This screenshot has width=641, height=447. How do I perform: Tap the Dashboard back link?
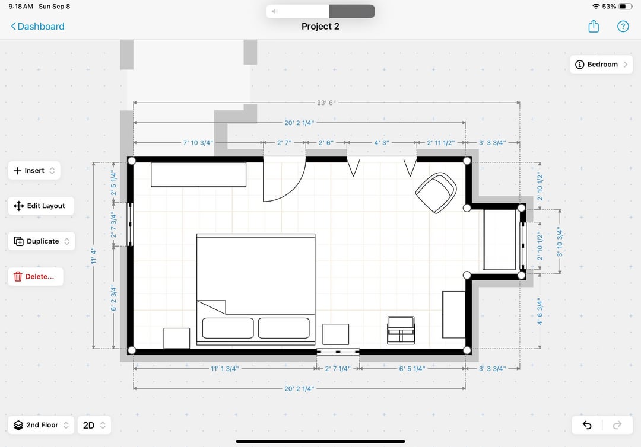click(37, 27)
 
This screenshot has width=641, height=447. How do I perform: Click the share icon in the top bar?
click(593, 27)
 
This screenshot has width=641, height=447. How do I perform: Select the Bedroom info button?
click(601, 65)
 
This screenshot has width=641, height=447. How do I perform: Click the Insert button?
click(34, 171)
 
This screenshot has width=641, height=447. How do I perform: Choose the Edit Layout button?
click(41, 206)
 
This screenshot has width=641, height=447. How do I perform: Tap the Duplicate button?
click(42, 241)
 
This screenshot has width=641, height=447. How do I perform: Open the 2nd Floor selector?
click(41, 425)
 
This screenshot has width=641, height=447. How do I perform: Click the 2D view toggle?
click(94, 425)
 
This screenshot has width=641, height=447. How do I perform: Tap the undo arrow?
click(586, 425)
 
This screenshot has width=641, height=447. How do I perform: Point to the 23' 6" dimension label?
click(326, 103)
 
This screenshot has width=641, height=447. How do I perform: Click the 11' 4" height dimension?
click(94, 256)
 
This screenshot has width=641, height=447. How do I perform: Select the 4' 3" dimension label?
click(382, 143)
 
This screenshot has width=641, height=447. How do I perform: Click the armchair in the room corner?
click(436, 192)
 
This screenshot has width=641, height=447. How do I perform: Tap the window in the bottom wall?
click(338, 352)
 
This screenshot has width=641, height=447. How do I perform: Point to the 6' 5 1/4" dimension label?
click(412, 369)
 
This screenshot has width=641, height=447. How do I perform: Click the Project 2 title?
click(320, 27)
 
